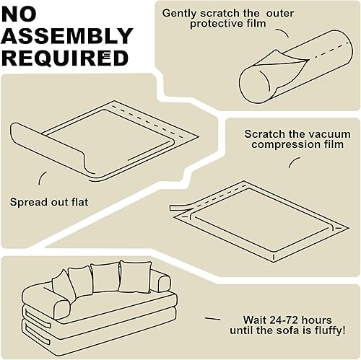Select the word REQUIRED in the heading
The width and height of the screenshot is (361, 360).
pos(65,57)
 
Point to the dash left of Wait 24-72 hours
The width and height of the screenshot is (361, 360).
pos(213,318)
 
